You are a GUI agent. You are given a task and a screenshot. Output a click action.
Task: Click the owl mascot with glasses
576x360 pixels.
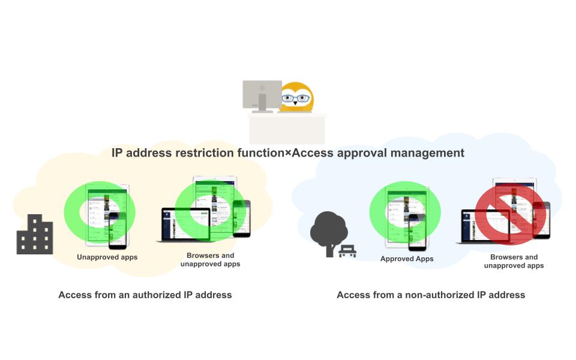tap(296, 97)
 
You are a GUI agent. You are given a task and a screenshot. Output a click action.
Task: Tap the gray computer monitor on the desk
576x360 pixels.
tap(262, 95)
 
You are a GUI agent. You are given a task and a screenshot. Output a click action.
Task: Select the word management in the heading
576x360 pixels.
tap(427, 153)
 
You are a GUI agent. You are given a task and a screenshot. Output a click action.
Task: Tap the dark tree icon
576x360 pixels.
tap(328, 232)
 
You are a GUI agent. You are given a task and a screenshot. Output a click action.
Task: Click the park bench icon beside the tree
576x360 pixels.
tap(347, 251)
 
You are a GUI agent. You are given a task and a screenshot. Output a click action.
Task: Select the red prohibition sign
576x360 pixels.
tap(511, 214)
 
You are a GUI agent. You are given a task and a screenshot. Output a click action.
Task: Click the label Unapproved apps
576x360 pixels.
tap(107, 257)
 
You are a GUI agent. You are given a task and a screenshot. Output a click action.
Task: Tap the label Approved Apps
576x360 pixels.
tap(407, 259)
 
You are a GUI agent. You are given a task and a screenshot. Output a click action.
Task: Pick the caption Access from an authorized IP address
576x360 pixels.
tap(145, 295)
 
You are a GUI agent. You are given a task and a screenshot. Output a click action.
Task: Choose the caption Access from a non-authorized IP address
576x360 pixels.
tap(431, 295)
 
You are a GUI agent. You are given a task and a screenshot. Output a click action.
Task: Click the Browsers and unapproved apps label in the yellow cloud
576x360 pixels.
tap(210, 260)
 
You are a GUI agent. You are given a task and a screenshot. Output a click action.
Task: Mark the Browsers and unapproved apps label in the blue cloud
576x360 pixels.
tap(514, 261)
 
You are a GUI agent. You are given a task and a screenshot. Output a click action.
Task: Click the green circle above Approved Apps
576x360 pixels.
tap(405, 212)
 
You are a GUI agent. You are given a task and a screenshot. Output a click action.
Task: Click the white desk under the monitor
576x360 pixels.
tap(287, 128)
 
